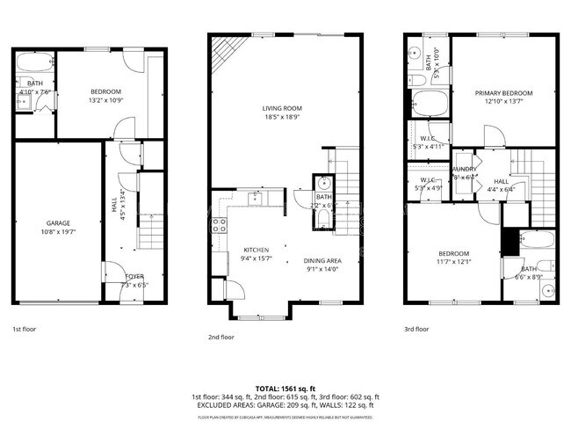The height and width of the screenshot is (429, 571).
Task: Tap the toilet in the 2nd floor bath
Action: point(322,217)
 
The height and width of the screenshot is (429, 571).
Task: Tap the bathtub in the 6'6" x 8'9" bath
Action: point(534,238)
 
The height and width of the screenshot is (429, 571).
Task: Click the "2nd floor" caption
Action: point(220,337)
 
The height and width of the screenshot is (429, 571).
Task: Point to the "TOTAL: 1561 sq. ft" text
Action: point(285,388)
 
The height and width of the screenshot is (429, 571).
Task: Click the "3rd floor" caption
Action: point(416,329)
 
